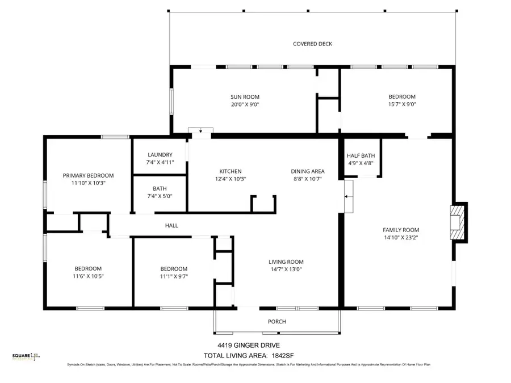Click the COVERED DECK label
coord(312,44)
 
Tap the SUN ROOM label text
coord(245,97)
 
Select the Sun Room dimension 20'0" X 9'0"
coord(245,104)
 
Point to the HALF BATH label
coord(361,156)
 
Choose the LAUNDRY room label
coord(160,155)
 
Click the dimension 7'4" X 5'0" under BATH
coord(160,196)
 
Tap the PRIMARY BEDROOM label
coord(88,175)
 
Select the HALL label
coord(171,225)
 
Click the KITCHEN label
coord(231,171)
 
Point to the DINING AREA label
coord(308,171)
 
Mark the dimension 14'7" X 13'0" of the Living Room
coord(286,270)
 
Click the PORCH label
coord(277,322)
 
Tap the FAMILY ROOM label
coord(400,230)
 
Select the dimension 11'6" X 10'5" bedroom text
coord(88,276)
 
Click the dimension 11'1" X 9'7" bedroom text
coord(173,276)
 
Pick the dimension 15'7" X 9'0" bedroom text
coord(401,104)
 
